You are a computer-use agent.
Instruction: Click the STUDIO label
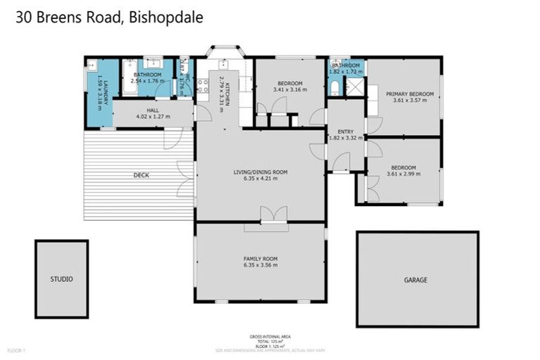[61, 279]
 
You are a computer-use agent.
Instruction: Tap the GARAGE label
[415, 280]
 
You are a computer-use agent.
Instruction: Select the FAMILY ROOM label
[260, 258]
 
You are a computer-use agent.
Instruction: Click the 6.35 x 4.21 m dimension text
[260, 179]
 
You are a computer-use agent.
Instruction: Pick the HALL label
[153, 110]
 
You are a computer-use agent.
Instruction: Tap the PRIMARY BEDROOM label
[413, 94]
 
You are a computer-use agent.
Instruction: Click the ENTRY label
[345, 131]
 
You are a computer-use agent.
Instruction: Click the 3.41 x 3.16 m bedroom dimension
[288, 89]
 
